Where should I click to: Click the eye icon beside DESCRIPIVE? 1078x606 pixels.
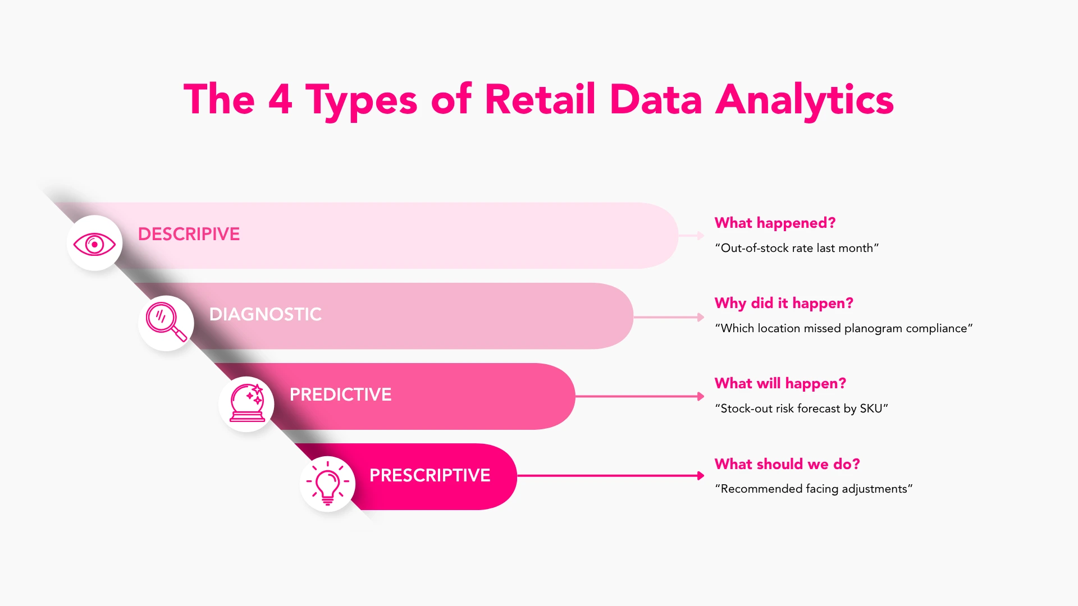click(x=94, y=244)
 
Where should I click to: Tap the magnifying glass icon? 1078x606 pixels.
click(x=166, y=322)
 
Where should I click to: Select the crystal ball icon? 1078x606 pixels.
click(x=247, y=403)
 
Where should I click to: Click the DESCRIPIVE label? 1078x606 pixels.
click(x=189, y=234)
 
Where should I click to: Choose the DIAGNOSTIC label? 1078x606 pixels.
click(x=265, y=314)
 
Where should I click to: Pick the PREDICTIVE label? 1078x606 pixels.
click(x=340, y=394)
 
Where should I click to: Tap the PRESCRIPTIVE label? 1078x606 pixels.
click(x=430, y=475)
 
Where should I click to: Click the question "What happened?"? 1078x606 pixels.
click(x=775, y=223)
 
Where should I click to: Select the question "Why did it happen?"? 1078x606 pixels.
click(x=784, y=303)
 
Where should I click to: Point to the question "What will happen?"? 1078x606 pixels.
click(x=780, y=383)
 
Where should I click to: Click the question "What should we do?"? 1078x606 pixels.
click(x=787, y=464)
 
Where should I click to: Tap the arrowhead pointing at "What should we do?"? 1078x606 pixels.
click(x=700, y=476)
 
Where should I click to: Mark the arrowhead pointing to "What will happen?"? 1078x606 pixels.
click(x=700, y=396)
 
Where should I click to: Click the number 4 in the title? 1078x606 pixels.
click(x=280, y=99)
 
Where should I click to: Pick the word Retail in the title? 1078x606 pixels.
click(x=540, y=99)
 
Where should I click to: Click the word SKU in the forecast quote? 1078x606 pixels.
click(x=871, y=408)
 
